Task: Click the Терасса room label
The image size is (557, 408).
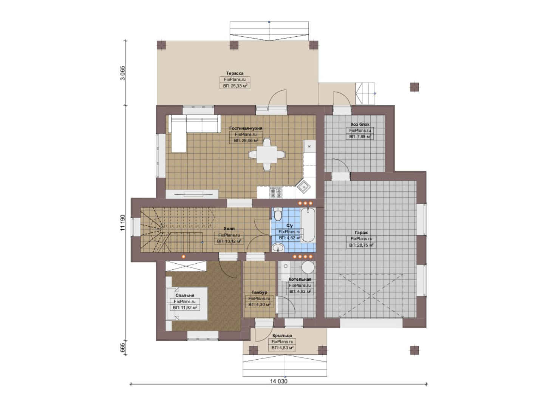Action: [235, 73]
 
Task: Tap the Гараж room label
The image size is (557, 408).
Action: [361, 232]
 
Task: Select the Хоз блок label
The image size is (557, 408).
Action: [360, 124]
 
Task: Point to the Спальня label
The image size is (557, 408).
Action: [185, 295]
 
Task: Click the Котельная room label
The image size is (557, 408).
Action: [300, 279]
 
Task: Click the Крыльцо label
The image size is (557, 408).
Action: [282, 335]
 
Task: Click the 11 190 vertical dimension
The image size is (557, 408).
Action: [123, 223]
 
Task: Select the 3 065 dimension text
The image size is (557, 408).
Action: [123, 73]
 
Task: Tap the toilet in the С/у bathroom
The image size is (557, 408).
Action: [277, 215]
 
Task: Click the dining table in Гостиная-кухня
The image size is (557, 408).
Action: [267, 155]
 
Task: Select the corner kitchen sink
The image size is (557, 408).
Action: [303, 187]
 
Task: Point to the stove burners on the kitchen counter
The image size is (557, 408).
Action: [276, 192]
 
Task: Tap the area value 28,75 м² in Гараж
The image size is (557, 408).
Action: [361, 245]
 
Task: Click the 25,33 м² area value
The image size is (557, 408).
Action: [235, 86]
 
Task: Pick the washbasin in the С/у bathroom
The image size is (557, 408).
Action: [278, 248]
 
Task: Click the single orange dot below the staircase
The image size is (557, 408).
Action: [183, 257]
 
